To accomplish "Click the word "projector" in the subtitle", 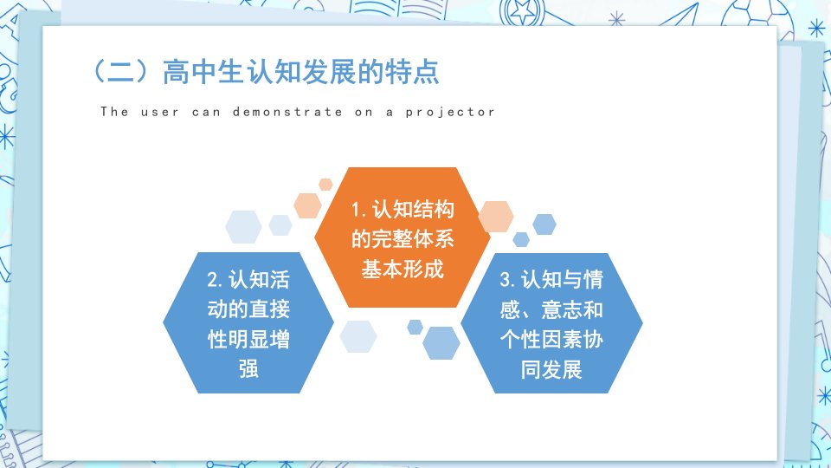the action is coord(450,113).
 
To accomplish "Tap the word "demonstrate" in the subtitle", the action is coord(287,112).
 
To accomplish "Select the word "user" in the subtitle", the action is coord(159,113).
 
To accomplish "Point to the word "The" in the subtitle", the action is coord(114,112).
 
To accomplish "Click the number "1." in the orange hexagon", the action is coord(358,210).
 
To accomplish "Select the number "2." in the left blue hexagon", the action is coord(216,280).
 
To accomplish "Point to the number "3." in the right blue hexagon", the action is coord(508,280).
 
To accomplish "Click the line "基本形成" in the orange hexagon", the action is coord(403,269).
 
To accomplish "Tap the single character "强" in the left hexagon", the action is coord(248,369).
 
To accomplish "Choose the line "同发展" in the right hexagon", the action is coord(551,369).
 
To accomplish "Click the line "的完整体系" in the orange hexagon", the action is coord(403,239).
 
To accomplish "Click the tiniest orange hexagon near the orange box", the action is coord(325,185).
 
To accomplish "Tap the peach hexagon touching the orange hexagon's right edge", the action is coord(495,217).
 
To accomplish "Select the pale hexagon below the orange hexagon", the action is coord(358,336).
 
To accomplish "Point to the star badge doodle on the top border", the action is coord(522,10).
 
